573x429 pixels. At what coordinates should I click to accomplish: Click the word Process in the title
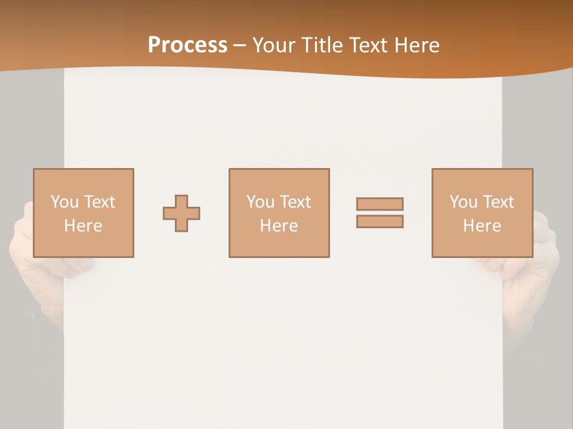(x=187, y=45)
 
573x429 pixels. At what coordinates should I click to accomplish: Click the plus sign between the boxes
(x=181, y=213)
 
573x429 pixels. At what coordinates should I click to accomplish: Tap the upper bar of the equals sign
(x=380, y=204)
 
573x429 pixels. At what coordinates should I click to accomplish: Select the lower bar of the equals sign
(x=380, y=221)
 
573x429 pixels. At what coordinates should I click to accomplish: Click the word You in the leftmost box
(x=64, y=202)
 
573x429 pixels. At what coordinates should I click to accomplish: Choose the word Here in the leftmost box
(x=83, y=226)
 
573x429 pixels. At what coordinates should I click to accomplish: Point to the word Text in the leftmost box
(x=98, y=202)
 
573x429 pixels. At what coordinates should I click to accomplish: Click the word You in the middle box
(x=260, y=202)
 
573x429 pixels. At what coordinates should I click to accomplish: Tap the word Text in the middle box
(x=294, y=202)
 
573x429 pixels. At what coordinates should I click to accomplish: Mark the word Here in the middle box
(x=279, y=226)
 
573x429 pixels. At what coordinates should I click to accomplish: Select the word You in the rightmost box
(x=463, y=202)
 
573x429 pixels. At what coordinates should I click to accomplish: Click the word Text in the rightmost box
(x=497, y=202)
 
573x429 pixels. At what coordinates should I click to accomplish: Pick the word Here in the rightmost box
(x=482, y=226)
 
